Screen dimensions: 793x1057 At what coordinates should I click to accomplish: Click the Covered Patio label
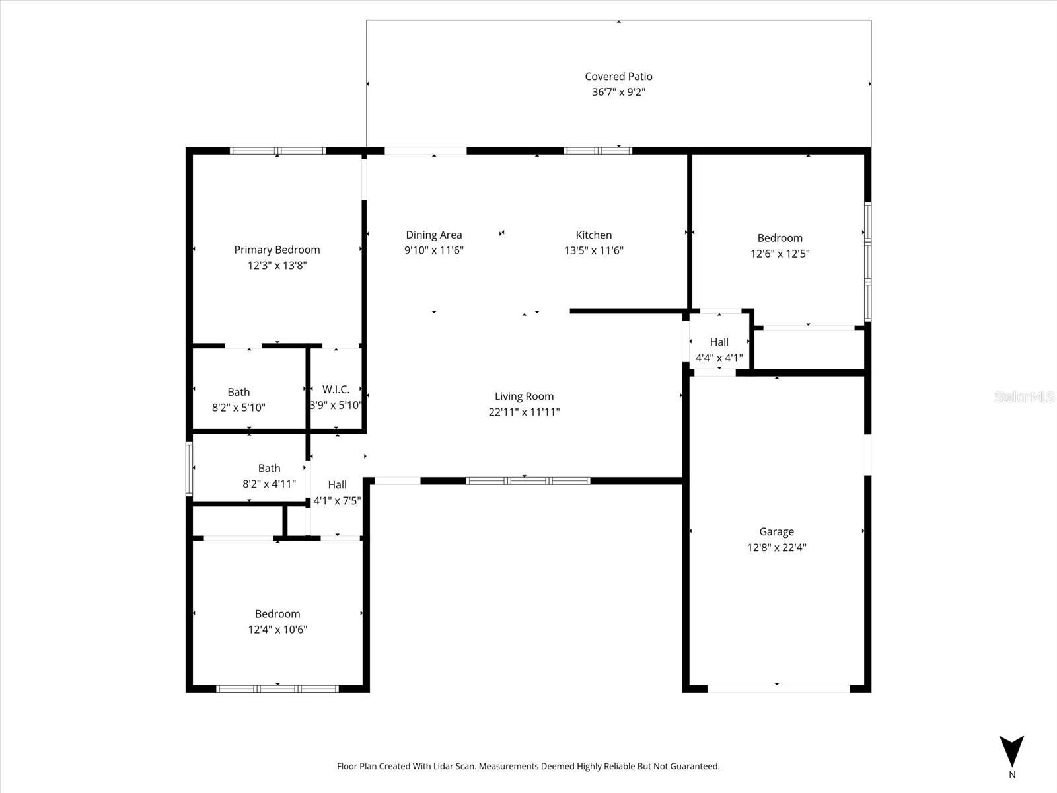click(x=618, y=77)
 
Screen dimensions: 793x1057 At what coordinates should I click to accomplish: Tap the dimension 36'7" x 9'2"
click(x=618, y=92)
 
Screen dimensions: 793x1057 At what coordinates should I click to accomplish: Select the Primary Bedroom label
click(x=277, y=250)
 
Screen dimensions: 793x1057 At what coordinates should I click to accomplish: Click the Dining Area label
click(x=434, y=235)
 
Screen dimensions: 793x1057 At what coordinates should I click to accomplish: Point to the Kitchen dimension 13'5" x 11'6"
click(x=593, y=250)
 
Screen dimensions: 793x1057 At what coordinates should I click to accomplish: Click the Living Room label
click(x=524, y=397)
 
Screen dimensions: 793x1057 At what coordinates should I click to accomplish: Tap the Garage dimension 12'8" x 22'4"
click(x=776, y=547)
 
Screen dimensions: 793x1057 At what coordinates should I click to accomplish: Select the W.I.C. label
click(x=336, y=390)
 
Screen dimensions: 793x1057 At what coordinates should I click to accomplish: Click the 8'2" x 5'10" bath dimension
click(x=238, y=408)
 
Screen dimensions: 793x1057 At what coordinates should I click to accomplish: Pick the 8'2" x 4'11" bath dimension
click(x=269, y=484)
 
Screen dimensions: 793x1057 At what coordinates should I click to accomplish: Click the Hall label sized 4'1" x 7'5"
click(x=337, y=484)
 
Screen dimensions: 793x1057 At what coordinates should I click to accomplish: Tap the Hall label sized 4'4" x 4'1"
click(x=719, y=342)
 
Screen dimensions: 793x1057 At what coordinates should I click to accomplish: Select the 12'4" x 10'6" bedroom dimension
click(x=277, y=630)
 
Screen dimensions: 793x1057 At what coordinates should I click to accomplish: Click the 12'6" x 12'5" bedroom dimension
click(x=780, y=254)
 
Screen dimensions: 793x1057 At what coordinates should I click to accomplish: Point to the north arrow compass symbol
click(x=1011, y=751)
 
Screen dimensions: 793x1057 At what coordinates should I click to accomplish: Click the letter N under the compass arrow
click(x=1012, y=774)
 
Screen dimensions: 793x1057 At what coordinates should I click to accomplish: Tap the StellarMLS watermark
click(x=1024, y=397)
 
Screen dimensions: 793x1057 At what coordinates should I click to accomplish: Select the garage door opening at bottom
click(x=778, y=689)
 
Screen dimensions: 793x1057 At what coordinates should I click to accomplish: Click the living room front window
click(x=528, y=481)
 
